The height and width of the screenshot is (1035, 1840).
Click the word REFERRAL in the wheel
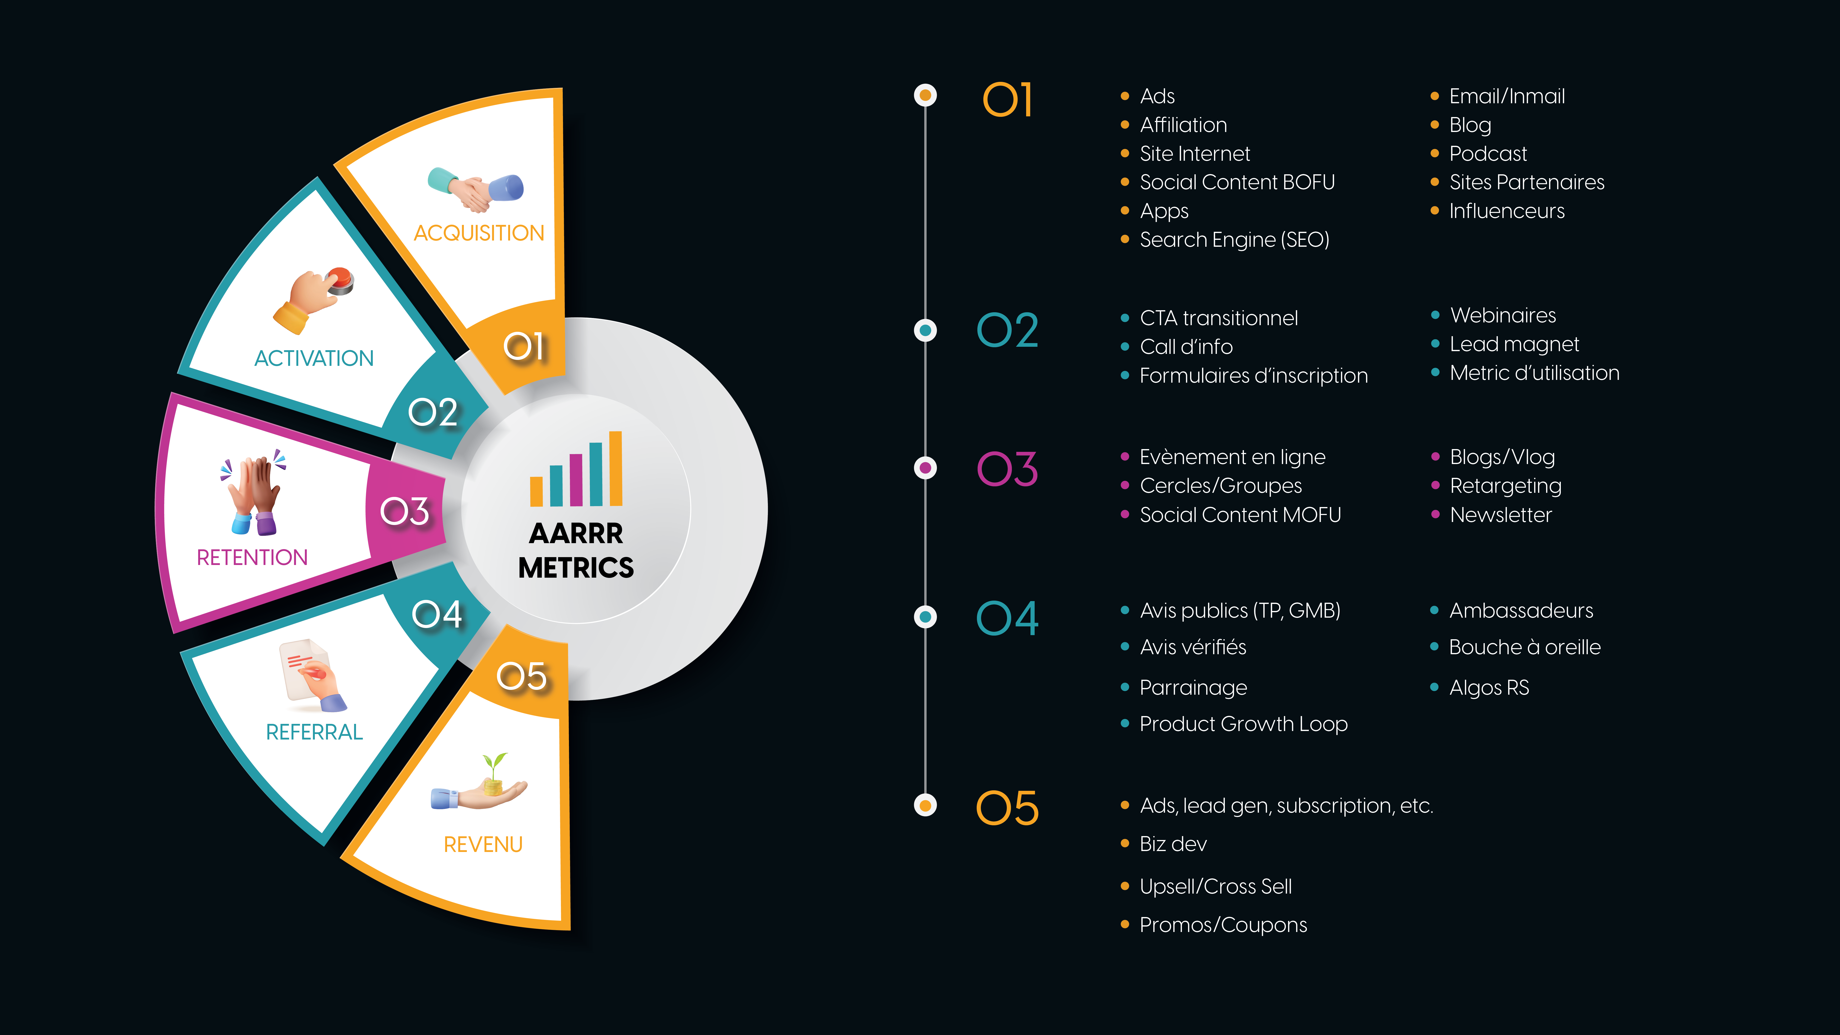click(x=314, y=732)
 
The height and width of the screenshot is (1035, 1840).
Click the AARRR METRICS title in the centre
click(x=576, y=550)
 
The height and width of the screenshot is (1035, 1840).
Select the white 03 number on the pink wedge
click(x=404, y=511)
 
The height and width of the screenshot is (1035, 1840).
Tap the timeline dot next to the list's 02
click(x=926, y=330)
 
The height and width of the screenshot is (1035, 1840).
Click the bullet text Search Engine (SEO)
click(x=1234, y=240)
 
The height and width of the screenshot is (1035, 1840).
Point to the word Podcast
click(x=1488, y=154)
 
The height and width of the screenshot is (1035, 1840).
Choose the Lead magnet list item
click(x=1514, y=344)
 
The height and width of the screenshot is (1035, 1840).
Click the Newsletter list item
click(x=1501, y=515)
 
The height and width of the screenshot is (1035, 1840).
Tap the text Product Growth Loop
click(x=1244, y=724)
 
